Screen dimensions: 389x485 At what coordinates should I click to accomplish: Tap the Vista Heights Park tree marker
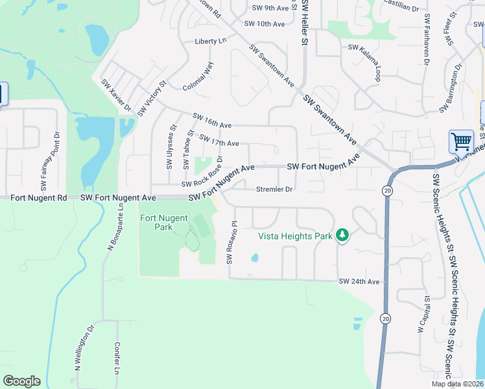(x=342, y=236)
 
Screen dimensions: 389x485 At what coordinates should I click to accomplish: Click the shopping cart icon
(x=461, y=141)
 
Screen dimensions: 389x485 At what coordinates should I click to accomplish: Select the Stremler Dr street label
(x=275, y=190)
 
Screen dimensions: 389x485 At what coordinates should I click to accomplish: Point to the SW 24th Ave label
(x=359, y=281)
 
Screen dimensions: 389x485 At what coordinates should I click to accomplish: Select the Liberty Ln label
(x=210, y=41)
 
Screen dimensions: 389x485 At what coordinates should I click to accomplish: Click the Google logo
(x=21, y=381)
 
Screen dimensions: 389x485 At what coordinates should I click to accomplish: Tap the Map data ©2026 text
(x=457, y=384)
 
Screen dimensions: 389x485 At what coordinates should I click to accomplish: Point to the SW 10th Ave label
(x=265, y=24)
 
